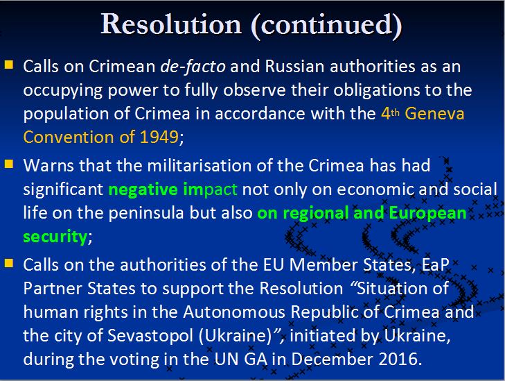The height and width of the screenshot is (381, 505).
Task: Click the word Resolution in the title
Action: click(x=171, y=24)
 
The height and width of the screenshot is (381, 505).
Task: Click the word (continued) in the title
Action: click(x=326, y=25)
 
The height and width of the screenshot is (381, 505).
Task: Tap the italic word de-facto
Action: click(x=193, y=67)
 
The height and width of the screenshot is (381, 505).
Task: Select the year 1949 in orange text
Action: click(x=159, y=137)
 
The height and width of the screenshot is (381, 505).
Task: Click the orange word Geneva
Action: click(x=434, y=114)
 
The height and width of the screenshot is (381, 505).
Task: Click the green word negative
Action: click(x=143, y=189)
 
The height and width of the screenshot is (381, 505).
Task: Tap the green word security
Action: click(x=55, y=237)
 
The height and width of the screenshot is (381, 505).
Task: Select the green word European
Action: click(x=427, y=214)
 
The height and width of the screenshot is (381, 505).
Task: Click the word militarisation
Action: click(x=200, y=165)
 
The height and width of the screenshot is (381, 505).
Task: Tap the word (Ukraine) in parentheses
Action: click(x=236, y=336)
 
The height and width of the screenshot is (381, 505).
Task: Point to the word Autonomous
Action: click(x=234, y=312)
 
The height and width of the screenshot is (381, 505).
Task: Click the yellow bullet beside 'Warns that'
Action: click(x=9, y=164)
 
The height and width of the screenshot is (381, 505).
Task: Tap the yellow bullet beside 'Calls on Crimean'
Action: click(x=9, y=65)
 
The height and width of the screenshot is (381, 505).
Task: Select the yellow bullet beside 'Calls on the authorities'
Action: click(x=9, y=264)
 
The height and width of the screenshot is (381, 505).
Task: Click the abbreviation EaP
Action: click(x=436, y=265)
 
